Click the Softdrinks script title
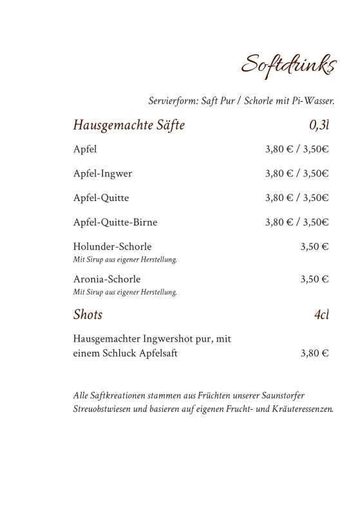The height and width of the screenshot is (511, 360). pos(289,65)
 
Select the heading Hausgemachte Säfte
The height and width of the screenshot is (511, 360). pos(129,125)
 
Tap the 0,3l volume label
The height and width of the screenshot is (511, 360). pos(319,125)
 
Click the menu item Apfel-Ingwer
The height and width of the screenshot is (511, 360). pos(102,173)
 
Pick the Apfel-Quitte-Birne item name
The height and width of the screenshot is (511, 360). pos(115,222)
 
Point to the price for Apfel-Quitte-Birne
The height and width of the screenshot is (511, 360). pos(297,222)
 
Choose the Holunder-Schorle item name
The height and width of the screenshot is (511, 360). pos(113,247)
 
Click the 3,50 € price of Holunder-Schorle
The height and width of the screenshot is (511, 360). pos(314,247)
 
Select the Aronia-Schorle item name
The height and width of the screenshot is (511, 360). pos(107,279)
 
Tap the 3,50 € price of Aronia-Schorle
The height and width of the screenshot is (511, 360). pos(314,279)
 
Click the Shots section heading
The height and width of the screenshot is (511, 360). pos(88,315)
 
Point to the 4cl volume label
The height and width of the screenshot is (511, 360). pos(321,315)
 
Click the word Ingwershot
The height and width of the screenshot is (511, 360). pos(171,339)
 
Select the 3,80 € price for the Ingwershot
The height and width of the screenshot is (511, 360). pos(314,353)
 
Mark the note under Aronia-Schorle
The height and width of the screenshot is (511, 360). pos(125,292)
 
